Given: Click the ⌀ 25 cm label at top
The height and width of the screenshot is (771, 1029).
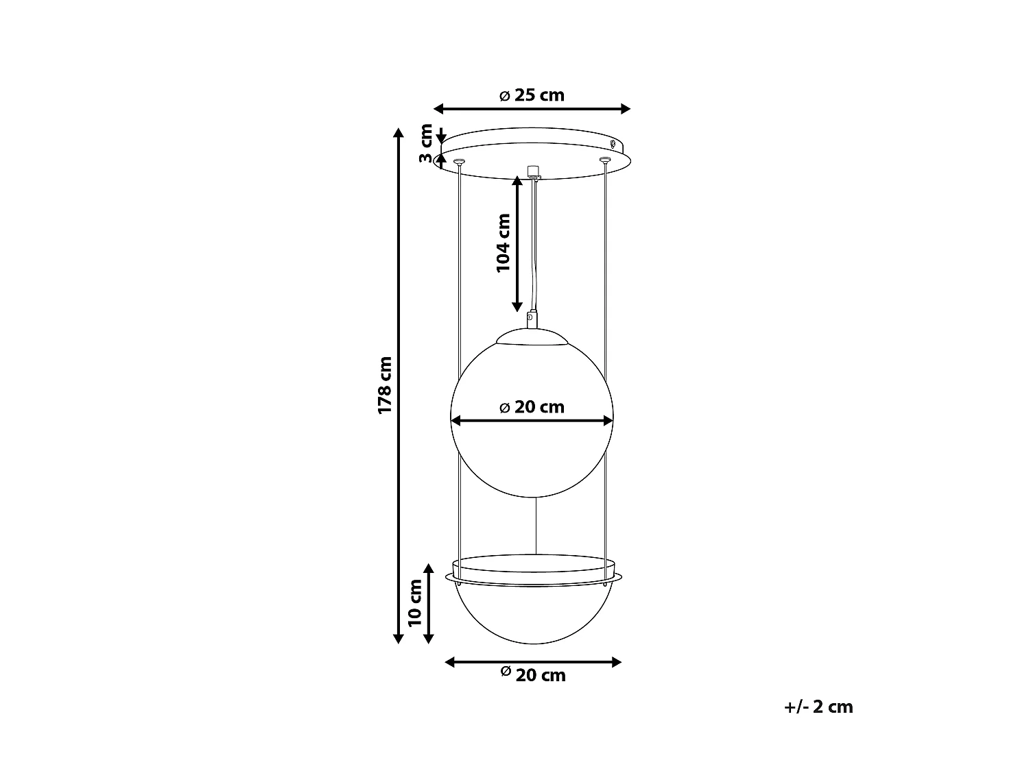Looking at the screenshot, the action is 532,95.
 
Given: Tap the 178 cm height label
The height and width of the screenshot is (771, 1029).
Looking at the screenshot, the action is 385,385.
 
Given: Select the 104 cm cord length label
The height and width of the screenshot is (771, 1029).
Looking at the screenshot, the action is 503,243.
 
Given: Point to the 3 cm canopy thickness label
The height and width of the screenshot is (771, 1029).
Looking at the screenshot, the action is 426,143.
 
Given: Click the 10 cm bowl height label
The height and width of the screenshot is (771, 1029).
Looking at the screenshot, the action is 415,603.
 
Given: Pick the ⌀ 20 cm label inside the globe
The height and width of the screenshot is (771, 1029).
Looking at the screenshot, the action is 532,407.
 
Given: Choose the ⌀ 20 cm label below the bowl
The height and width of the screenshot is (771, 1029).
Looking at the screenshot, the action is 533,675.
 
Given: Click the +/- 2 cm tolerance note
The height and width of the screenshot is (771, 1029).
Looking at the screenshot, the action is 818,707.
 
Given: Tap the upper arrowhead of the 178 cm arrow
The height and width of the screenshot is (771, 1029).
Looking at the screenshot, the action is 399,132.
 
